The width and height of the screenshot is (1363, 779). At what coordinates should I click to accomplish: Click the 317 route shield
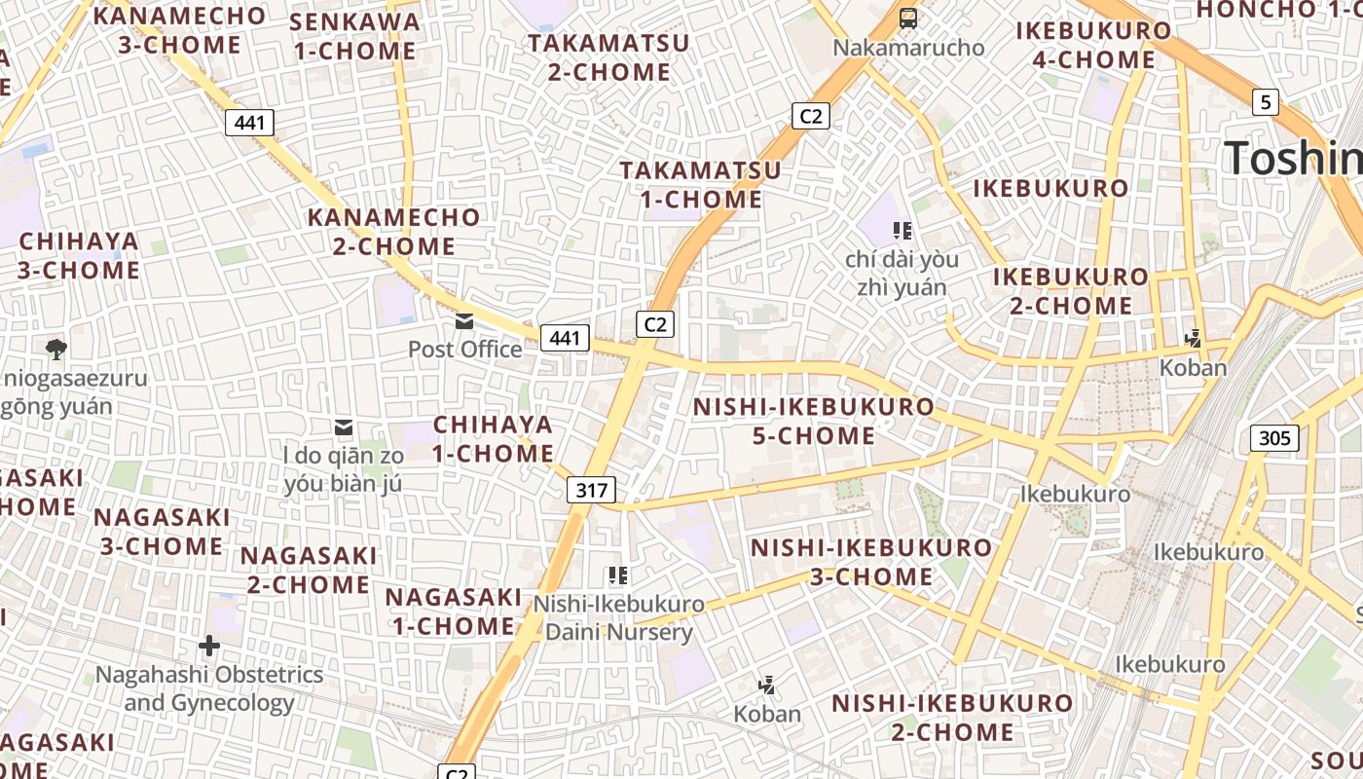(592, 491)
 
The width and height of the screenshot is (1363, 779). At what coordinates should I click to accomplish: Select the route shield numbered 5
(1265, 101)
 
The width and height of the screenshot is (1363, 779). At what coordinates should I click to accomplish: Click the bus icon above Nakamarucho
(908, 18)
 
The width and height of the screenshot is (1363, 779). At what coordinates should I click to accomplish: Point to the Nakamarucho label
(909, 47)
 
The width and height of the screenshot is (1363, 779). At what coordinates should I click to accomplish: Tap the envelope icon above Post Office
(464, 320)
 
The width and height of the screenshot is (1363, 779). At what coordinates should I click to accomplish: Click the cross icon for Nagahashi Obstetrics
(209, 646)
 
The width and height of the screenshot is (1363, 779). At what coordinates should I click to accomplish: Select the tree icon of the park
(56, 349)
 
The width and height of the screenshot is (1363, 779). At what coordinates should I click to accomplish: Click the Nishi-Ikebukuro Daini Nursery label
(618, 617)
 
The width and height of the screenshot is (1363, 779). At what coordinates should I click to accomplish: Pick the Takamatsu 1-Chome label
(701, 185)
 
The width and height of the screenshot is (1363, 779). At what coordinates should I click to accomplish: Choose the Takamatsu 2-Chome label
(608, 57)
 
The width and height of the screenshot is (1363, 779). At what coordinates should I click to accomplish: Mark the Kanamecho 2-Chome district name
(394, 232)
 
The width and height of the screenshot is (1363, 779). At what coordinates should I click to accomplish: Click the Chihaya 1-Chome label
(493, 439)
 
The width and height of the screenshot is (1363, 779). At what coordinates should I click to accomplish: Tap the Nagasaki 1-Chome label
(454, 611)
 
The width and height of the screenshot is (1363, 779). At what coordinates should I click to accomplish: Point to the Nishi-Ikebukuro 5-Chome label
(814, 421)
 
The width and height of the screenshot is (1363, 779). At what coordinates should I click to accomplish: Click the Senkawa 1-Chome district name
(355, 36)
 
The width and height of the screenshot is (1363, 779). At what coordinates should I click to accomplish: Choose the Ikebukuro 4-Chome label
(1093, 45)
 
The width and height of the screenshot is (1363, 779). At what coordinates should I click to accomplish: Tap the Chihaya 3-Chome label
(79, 255)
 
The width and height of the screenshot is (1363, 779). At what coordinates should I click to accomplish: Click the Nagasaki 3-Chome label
(163, 532)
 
